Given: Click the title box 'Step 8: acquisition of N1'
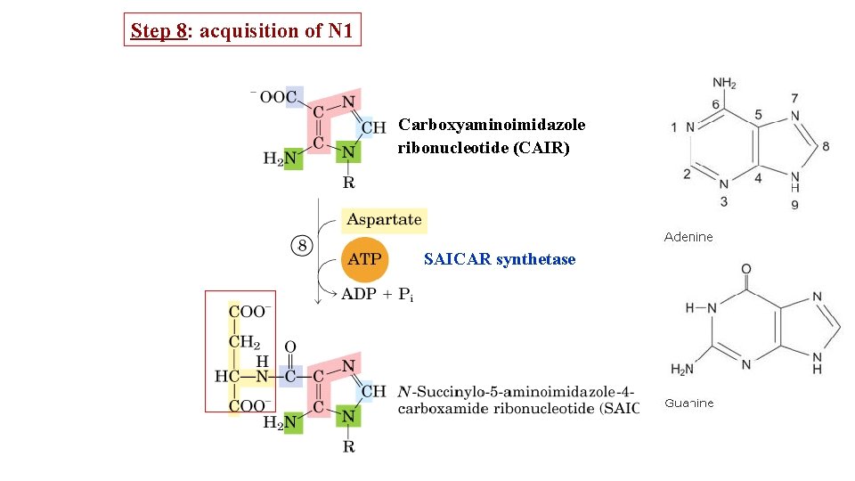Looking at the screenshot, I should [242, 30].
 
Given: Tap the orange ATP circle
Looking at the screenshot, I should [363, 259].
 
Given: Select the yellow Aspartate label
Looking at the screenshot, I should [383, 220].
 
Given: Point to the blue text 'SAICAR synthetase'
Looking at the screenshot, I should [500, 259].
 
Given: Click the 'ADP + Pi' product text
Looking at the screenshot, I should [377, 296].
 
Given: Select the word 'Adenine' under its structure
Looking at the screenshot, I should [688, 237].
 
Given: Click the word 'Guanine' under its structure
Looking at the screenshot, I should [688, 404].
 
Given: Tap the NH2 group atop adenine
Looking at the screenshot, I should [724, 84].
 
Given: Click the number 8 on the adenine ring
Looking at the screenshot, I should [826, 146].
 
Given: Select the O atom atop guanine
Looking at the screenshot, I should [745, 269].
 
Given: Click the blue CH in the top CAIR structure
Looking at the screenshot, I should [373, 127].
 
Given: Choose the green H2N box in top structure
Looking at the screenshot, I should [281, 159].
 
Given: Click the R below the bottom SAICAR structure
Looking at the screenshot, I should [348, 446].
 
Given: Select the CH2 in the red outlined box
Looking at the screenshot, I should [245, 343].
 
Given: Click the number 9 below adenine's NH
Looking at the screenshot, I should [794, 205].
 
